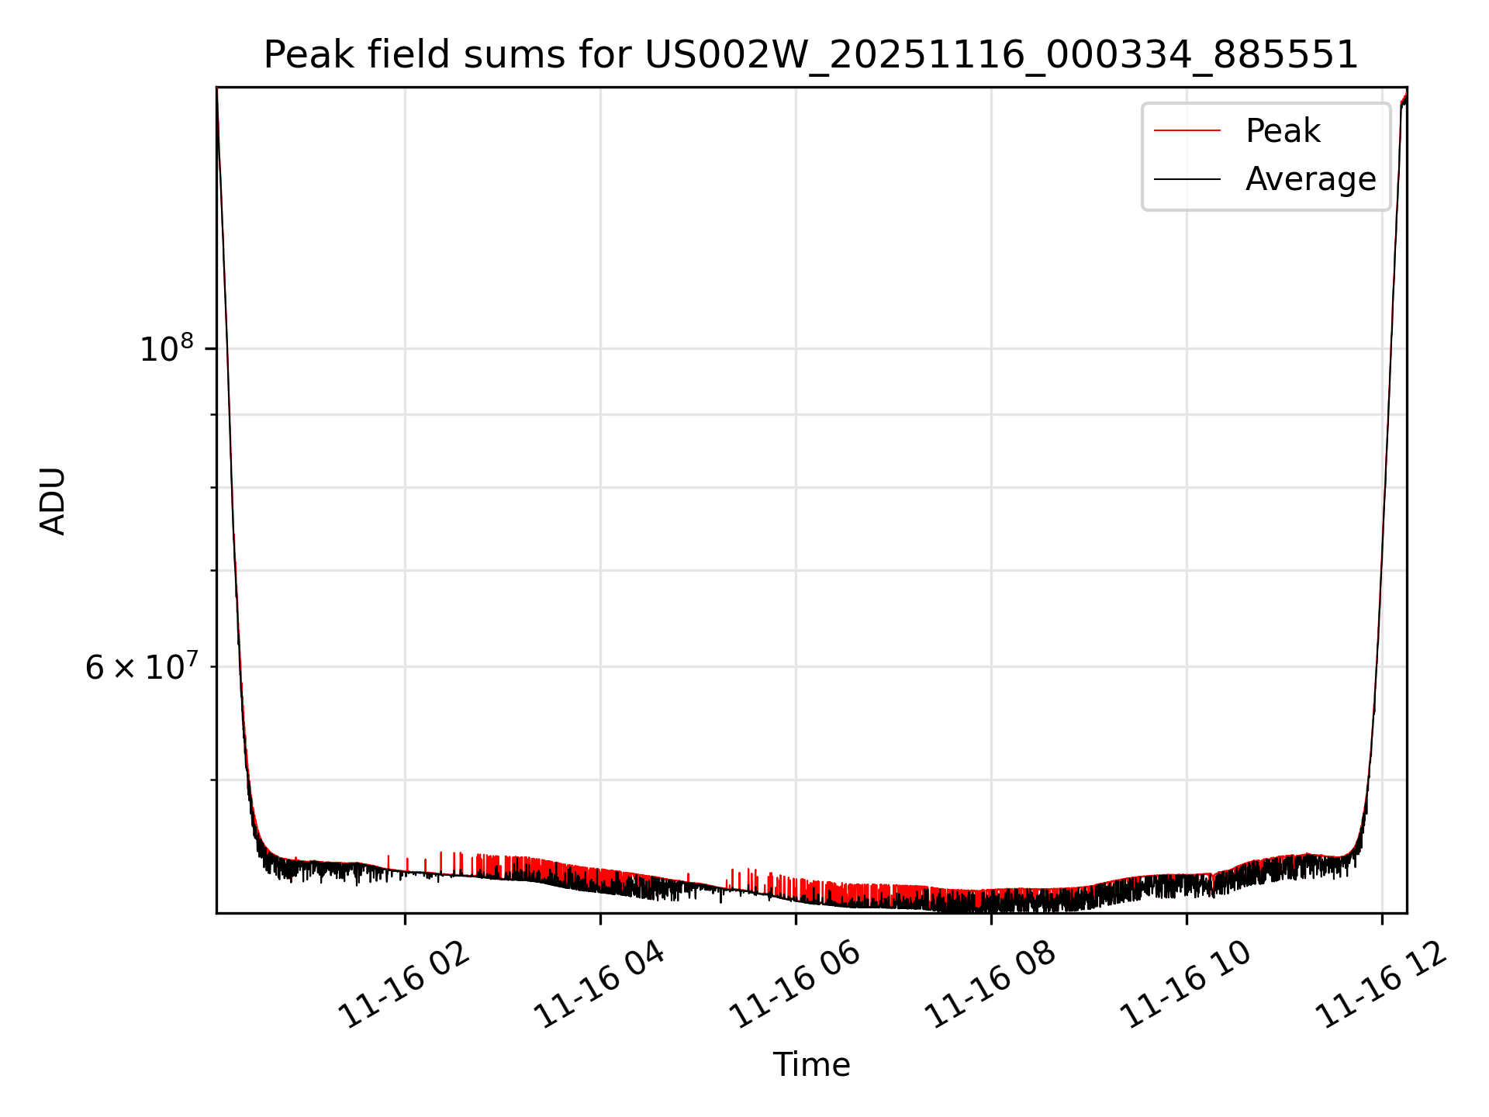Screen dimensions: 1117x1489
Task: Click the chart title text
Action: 810,55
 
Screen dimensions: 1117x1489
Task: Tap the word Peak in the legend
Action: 1283,131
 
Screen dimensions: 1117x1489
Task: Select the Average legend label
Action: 1311,179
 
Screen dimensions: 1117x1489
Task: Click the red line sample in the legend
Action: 1187,131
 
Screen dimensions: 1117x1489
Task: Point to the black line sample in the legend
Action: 1187,179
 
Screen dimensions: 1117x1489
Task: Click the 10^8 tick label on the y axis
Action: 166,349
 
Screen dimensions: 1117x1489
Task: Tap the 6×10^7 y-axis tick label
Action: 141,667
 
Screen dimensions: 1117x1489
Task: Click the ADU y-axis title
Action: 53,500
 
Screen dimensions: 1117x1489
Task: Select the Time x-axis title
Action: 811,1065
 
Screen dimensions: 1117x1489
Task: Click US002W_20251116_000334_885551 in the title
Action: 1001,55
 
